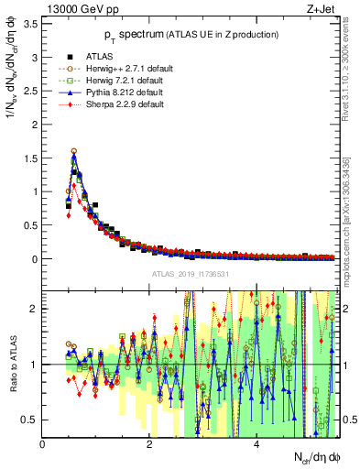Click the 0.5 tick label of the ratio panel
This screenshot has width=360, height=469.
coord(30,420)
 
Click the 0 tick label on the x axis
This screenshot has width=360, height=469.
coord(42,445)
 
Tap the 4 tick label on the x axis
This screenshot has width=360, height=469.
coord(256,445)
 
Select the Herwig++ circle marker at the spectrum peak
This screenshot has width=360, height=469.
coord(73,151)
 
